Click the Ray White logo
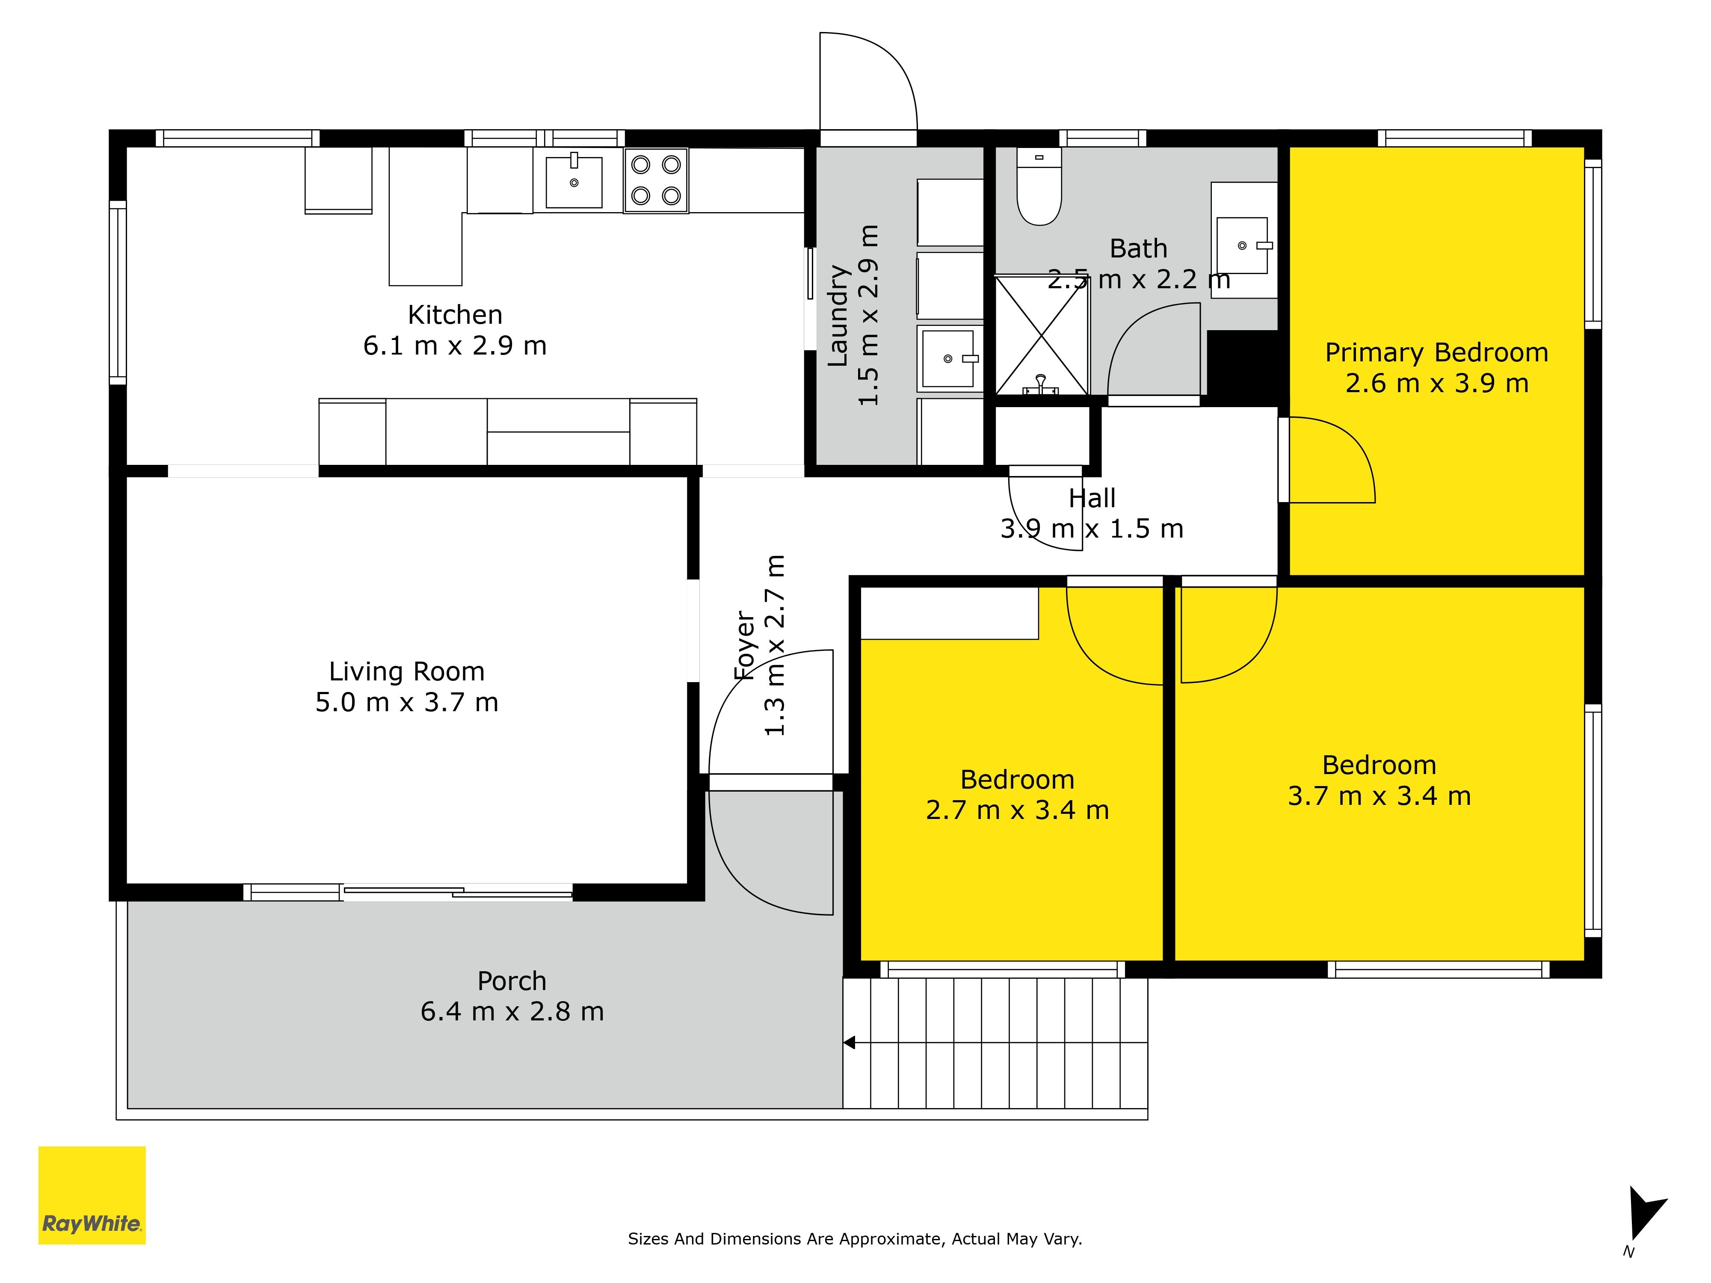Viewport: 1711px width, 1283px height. [x=92, y=1195]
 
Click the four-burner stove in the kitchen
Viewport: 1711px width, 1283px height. [x=656, y=180]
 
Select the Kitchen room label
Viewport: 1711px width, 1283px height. [x=455, y=315]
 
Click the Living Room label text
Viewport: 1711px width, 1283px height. [x=407, y=671]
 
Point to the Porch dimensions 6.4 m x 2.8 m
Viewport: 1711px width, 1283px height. [x=512, y=1011]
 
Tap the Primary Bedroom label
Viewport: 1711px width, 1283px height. [x=1436, y=353]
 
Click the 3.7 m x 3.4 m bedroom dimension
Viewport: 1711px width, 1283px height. [x=1379, y=796]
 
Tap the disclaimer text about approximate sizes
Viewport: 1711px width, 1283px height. [x=855, y=1239]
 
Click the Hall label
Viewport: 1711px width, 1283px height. [x=1092, y=498]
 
